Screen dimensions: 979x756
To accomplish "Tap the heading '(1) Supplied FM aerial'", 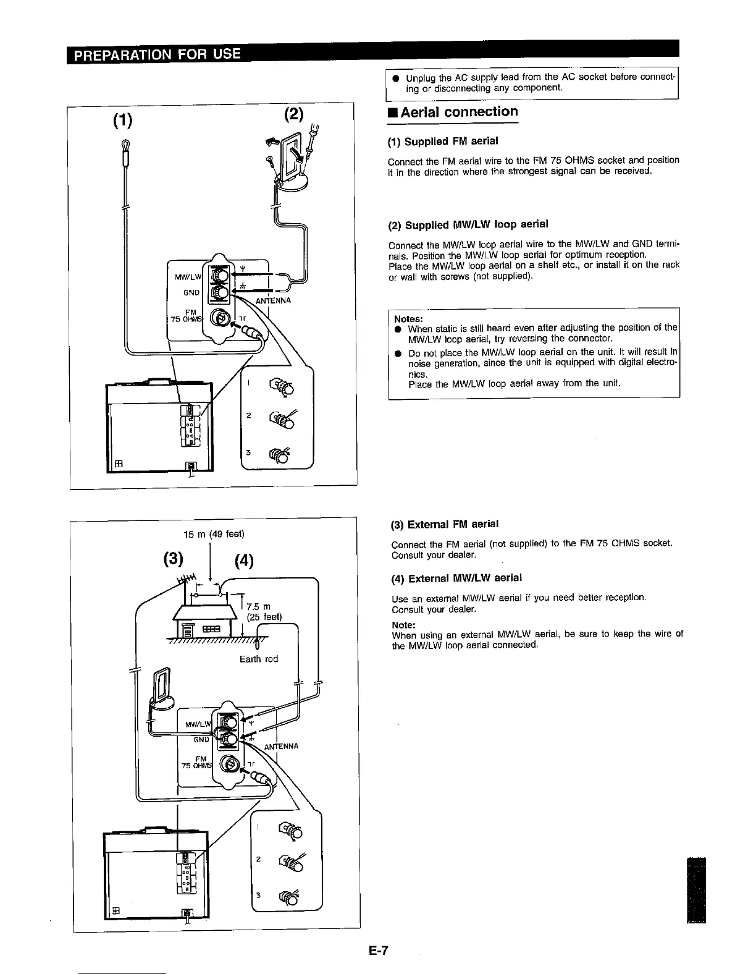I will click(x=443, y=141).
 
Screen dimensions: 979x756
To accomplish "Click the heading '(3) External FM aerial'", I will click(x=445, y=524).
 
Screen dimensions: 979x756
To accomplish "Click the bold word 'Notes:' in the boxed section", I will click(x=408, y=318).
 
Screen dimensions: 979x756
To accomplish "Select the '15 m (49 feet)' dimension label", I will click(x=214, y=533).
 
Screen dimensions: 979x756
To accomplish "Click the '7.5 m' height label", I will click(x=259, y=607).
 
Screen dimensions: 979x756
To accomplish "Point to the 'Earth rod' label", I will click(x=259, y=659).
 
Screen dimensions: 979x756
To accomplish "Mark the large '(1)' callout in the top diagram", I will click(x=122, y=121).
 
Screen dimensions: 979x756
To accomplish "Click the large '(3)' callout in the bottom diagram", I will click(x=174, y=559).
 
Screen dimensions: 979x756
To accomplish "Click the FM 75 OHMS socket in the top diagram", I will click(x=219, y=318).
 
